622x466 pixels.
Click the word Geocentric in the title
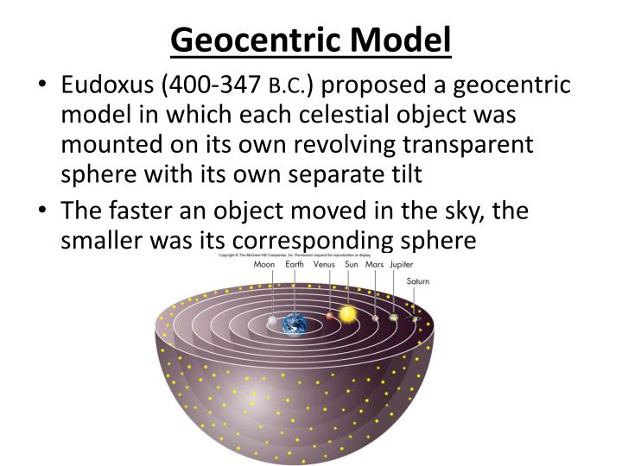[253, 39]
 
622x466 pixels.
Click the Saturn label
[418, 282]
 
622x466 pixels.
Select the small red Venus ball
[329, 317]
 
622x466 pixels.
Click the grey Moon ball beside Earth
[273, 321]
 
